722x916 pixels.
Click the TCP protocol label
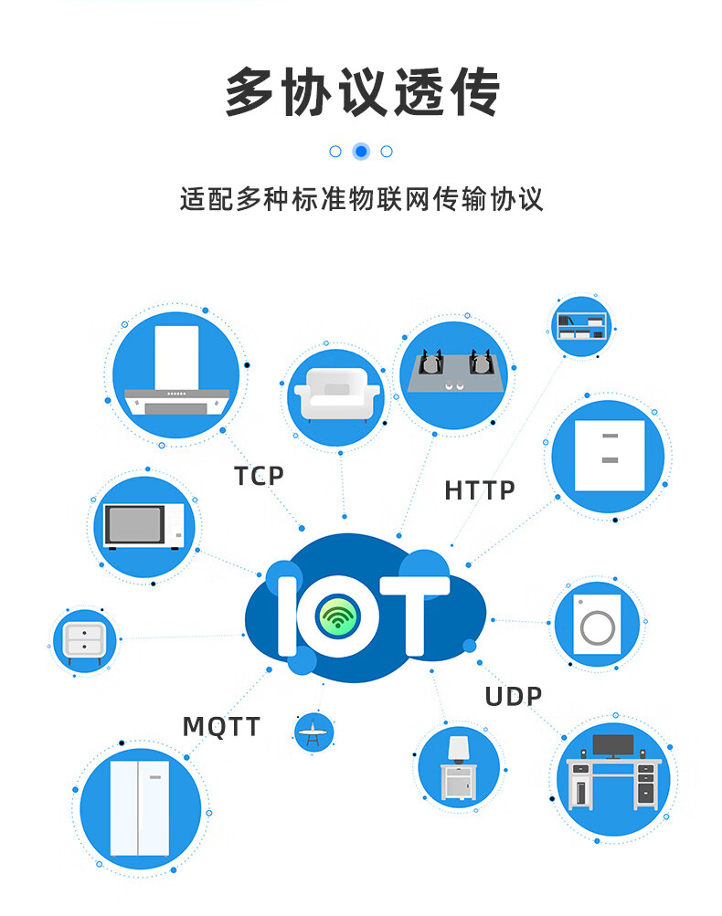(259, 476)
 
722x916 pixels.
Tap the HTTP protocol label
(480, 490)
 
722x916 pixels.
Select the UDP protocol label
(513, 697)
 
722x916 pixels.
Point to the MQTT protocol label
(221, 727)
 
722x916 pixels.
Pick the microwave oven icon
(144, 526)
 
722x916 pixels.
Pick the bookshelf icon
(581, 325)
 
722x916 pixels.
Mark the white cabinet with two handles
(609, 455)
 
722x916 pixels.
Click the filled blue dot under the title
(361, 152)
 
